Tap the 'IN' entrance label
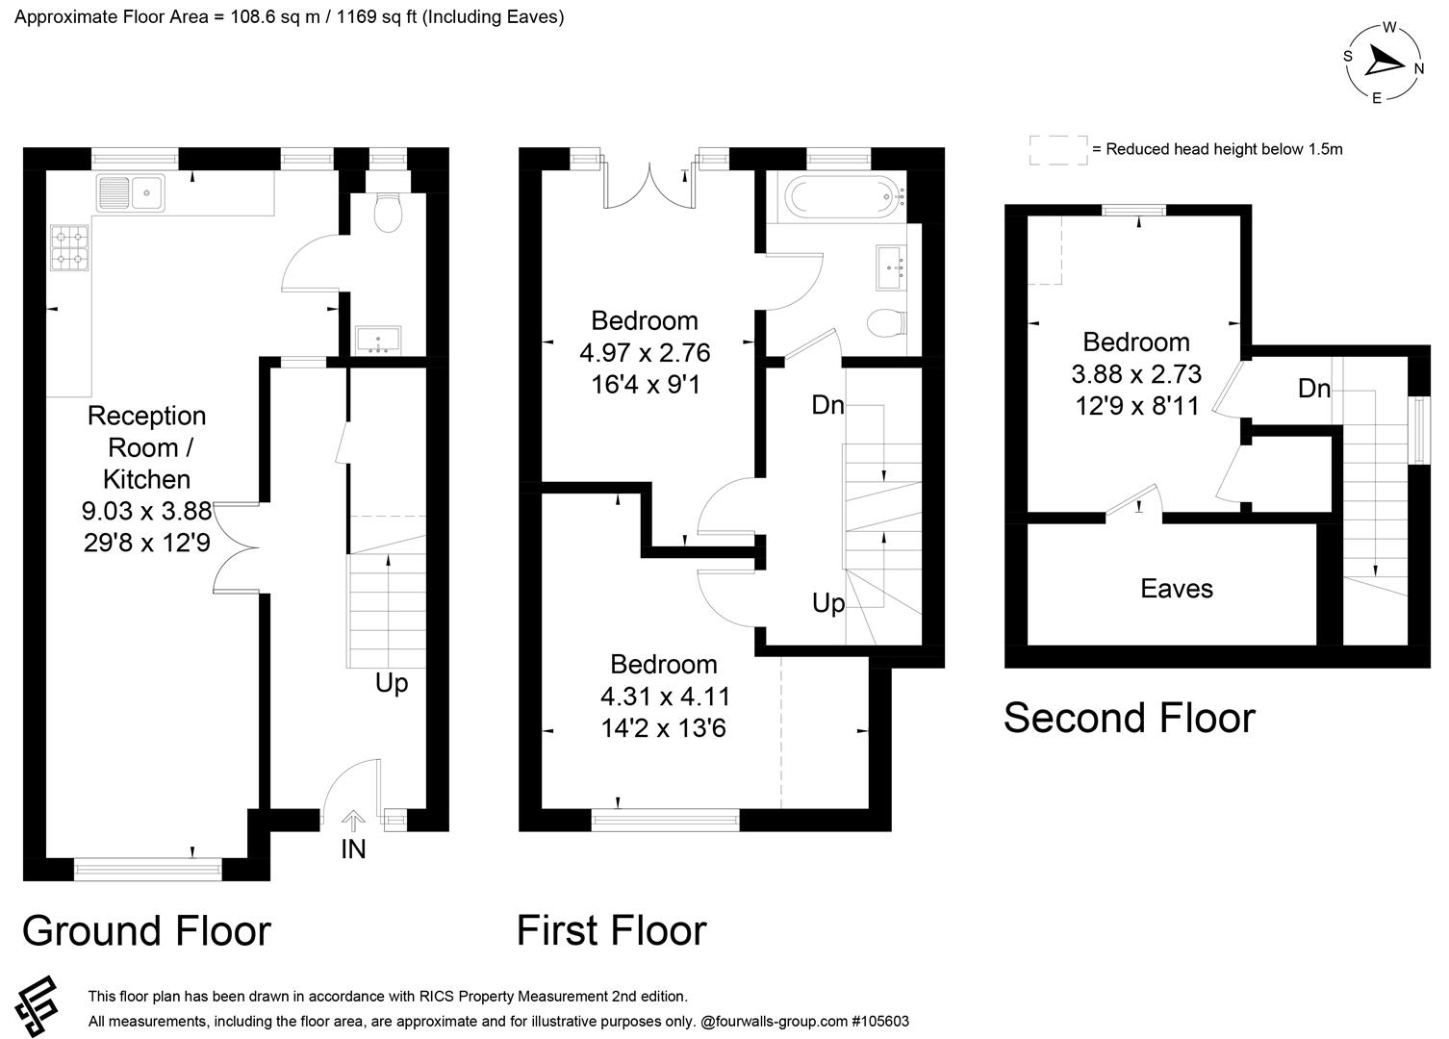point(353,849)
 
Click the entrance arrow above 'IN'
point(353,820)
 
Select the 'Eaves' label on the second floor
point(1176,588)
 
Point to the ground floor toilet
point(388,215)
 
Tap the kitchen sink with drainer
point(131,192)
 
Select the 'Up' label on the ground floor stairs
point(392,683)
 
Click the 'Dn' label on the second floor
point(1313,388)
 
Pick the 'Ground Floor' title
point(146,930)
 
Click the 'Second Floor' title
point(1129,718)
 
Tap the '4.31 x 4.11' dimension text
point(665,696)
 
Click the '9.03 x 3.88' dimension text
point(147,511)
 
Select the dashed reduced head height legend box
point(1057,149)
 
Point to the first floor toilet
point(885,323)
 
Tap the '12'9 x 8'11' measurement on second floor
point(1137,406)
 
